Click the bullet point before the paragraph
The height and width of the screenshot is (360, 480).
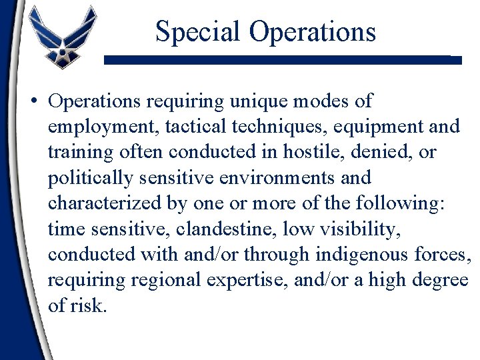pyautogui.click(x=33, y=102)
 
